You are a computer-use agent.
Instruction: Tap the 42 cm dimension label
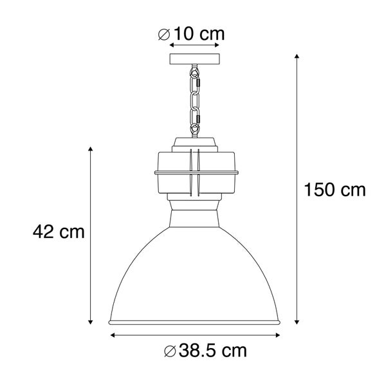click(x=59, y=231)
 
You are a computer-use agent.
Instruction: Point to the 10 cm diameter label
click(x=192, y=34)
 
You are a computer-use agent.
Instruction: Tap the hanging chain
click(x=194, y=99)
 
